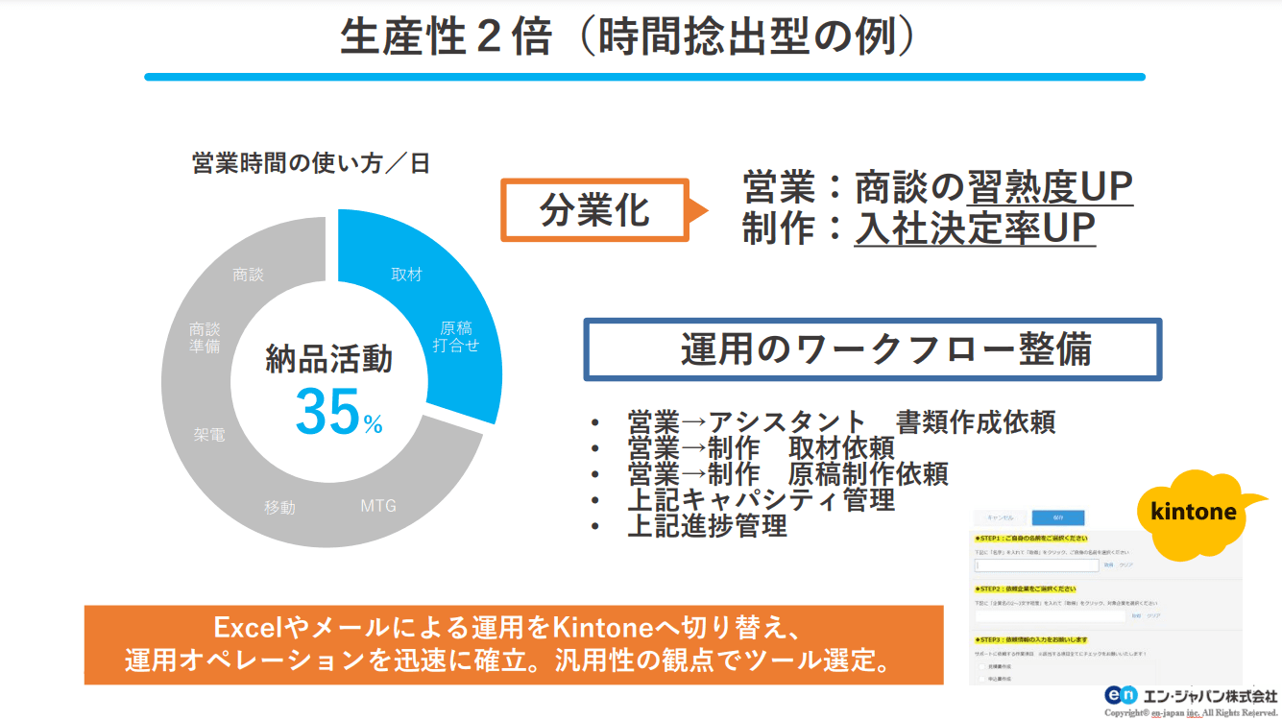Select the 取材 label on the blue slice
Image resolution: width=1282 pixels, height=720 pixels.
(406, 275)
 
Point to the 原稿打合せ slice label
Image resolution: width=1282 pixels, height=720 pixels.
(455, 337)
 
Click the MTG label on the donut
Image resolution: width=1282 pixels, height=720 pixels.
(378, 505)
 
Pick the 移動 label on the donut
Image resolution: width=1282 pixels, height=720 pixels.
(280, 508)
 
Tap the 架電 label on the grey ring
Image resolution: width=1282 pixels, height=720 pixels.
(209, 435)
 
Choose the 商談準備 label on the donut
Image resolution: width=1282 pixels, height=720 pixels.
(205, 337)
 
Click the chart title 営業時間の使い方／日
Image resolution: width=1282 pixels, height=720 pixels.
(311, 163)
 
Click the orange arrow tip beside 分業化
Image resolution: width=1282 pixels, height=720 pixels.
(701, 209)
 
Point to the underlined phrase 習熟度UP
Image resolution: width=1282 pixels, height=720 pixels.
(1050, 187)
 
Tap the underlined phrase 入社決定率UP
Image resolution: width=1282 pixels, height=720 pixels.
(975, 229)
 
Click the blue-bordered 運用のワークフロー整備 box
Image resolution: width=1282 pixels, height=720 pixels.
(872, 349)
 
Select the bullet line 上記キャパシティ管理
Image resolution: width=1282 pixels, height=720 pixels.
(761, 500)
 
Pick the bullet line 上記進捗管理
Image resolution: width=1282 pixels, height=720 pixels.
(707, 526)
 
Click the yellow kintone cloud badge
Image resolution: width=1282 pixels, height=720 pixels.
(1194, 513)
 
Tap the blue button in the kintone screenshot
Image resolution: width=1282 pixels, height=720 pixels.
(1057, 517)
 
